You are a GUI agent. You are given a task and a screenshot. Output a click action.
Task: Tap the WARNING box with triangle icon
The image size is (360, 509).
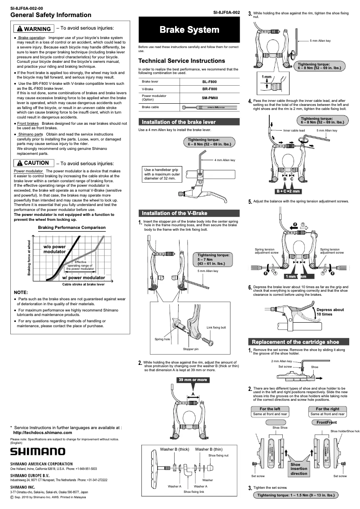point(34,29)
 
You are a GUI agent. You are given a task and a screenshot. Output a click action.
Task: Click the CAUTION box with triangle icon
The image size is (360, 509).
point(33,163)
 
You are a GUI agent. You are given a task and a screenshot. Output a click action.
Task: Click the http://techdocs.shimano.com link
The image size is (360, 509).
point(43,432)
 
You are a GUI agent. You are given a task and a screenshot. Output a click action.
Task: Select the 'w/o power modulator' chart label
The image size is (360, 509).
point(54,249)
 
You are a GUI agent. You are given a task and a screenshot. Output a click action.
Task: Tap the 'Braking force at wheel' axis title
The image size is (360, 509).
point(29,258)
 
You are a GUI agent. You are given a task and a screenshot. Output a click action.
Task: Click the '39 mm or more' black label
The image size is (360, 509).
point(193,380)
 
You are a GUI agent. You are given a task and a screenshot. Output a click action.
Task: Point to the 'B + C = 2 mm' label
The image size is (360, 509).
point(288,191)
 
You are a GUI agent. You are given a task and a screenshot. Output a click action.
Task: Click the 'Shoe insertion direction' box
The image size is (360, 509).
point(299,469)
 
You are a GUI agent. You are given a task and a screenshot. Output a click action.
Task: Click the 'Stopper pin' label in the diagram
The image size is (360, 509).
point(190,349)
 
